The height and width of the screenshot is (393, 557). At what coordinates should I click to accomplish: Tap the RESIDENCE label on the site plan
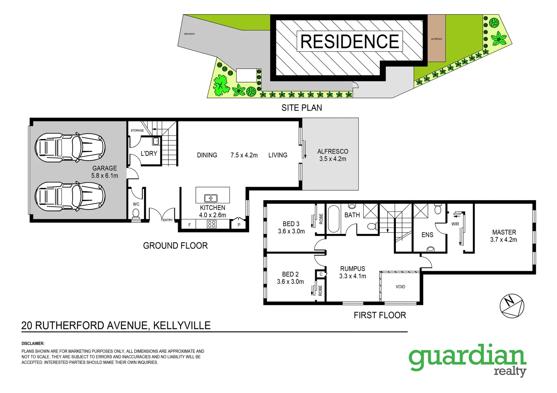pos(350,41)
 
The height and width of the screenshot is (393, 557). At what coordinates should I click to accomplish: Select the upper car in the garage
pos(70,147)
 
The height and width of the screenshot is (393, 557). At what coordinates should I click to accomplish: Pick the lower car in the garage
pos(70,196)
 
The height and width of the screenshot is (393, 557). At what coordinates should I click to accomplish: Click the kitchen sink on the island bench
pos(211,198)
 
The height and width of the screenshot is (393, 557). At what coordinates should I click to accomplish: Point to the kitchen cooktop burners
pos(212,224)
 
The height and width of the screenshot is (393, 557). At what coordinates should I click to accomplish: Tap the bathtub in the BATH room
pos(334,219)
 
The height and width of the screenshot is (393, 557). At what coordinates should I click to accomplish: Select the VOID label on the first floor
pos(400,287)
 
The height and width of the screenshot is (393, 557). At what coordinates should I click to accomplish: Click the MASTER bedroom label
pos(504,232)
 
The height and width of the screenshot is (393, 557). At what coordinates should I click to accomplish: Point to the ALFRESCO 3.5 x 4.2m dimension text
pos(333,159)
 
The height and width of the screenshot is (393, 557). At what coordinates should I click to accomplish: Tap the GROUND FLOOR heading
pos(175,246)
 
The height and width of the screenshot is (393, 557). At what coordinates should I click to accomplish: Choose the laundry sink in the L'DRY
pos(156,141)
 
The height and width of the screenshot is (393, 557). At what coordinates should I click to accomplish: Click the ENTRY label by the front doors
pos(168,220)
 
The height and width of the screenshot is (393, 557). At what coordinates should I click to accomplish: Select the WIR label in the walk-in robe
pos(455,224)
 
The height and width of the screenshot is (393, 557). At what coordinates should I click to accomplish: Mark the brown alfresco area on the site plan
pos(436,38)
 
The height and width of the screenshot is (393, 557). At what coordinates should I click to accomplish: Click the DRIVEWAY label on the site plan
pos(190,34)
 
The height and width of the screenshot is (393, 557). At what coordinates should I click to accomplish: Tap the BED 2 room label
pos(290,274)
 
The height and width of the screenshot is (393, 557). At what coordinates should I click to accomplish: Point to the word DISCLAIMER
pos(33,344)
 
